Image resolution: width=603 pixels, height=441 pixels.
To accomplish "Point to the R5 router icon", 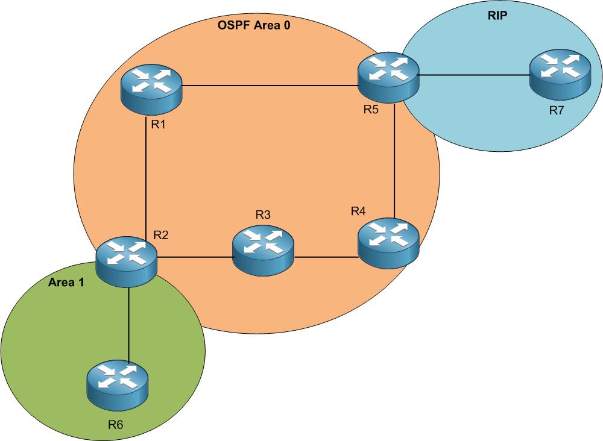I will pyautogui.click(x=388, y=76).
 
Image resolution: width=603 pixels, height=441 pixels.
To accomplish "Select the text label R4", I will pyautogui.click(x=359, y=211).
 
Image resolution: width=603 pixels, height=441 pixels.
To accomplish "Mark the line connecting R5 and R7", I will pyautogui.click(x=473, y=76).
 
